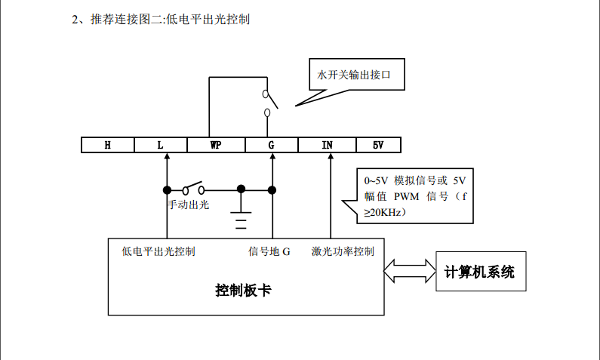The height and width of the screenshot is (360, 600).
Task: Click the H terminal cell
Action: coord(108,145)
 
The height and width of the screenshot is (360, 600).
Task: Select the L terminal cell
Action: coord(161,145)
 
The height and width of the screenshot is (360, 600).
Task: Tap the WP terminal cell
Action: coord(215,145)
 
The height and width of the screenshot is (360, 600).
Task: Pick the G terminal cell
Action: coord(272,145)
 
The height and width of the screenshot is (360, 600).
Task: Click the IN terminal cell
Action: coord(327,145)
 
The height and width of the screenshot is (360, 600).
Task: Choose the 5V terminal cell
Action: coord(378,145)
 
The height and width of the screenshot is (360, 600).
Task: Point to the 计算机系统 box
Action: coord(479,272)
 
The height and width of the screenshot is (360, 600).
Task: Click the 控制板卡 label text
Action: coord(243,290)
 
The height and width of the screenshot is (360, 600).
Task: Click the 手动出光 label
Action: coord(188,204)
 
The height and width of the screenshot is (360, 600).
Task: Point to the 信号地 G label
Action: coord(269,251)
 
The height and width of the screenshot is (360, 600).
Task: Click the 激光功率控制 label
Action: coord(342,251)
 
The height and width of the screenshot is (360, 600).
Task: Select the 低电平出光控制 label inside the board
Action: coord(158,251)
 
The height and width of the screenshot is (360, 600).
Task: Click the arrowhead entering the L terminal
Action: coord(167,157)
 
